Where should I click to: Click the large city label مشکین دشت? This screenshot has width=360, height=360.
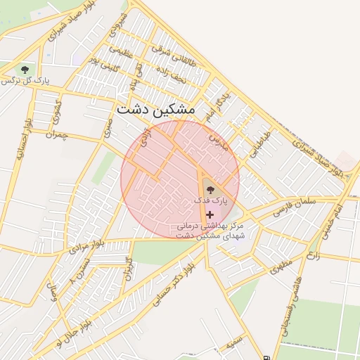click(x=156, y=110)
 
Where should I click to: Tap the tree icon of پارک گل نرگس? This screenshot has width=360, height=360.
click(x=25, y=70)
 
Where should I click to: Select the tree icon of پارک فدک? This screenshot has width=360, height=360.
click(x=211, y=188)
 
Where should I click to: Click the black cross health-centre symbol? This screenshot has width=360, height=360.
click(x=210, y=214)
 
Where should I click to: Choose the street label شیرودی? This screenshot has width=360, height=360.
click(x=121, y=22)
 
